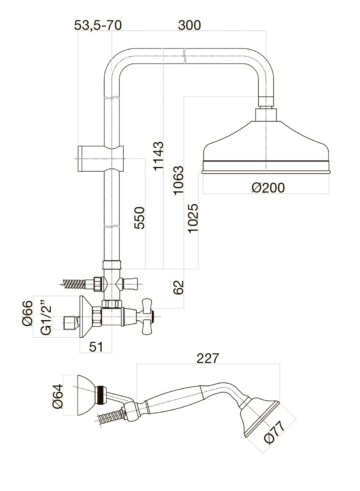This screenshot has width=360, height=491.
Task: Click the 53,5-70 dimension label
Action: (x=98, y=26)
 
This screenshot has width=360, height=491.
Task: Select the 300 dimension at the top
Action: (x=189, y=26)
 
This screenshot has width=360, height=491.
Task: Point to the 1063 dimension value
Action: (x=178, y=180)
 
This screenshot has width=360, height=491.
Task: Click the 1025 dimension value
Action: (x=193, y=218)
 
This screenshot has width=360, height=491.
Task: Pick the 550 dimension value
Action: (x=140, y=218)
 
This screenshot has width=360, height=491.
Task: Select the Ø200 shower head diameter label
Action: (x=268, y=188)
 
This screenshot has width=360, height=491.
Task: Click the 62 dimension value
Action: (x=178, y=287)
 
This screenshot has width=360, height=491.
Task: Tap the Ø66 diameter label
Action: (x=27, y=313)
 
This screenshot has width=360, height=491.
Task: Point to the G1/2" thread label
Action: (x=46, y=318)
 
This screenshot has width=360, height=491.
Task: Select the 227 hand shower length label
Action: (x=207, y=358)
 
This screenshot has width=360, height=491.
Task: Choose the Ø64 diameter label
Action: (x=58, y=396)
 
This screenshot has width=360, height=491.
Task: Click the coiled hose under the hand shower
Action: (x=111, y=417)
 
